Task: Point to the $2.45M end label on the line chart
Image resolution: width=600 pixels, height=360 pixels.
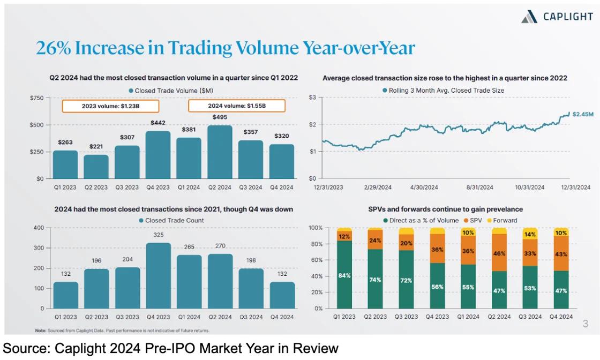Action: pos(583,114)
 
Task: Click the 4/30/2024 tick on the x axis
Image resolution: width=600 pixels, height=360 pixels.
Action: pos(425,187)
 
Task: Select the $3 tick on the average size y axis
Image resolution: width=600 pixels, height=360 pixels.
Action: pos(313,97)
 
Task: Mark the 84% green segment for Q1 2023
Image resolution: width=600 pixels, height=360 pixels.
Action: pos(344,275)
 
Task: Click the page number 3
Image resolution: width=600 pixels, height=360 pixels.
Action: pos(585,324)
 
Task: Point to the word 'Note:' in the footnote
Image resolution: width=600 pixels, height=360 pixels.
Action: pos(41,331)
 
